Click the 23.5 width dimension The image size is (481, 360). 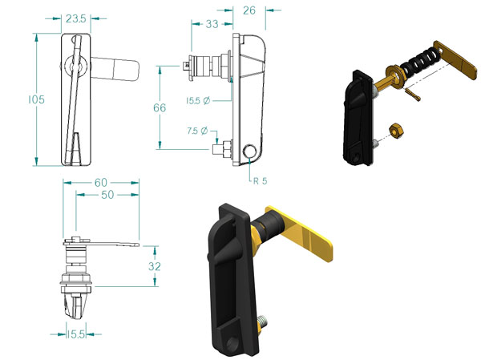point(76,18)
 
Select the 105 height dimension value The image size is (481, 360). point(37,99)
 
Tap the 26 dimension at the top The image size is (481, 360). point(249,10)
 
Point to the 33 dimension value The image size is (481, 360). point(212,24)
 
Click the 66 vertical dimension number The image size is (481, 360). point(160,107)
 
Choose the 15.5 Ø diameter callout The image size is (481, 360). point(198,101)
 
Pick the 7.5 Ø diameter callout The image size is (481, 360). point(197,131)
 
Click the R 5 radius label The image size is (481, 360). point(260,181)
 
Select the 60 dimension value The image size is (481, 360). point(101,183)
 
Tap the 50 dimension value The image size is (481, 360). point(107,195)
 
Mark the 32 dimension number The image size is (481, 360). point(154,266)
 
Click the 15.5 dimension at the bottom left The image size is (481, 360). point(76,334)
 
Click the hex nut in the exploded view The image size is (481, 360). point(396,131)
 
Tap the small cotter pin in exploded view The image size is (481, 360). point(412,95)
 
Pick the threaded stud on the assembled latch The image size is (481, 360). point(263,322)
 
